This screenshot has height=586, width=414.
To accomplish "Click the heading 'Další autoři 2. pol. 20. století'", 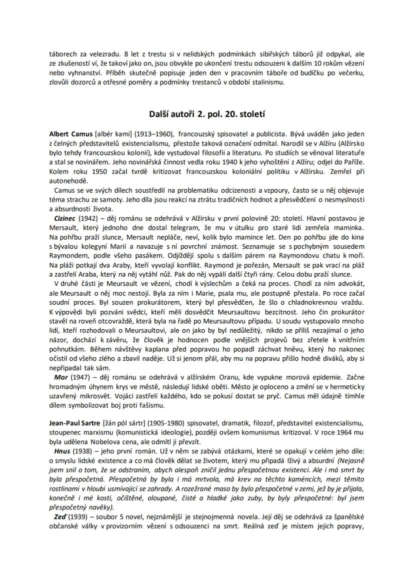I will (x=207, y=114).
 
